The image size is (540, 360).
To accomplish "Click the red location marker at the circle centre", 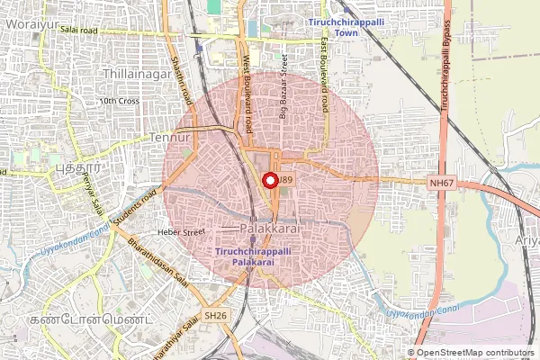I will pos(269,180).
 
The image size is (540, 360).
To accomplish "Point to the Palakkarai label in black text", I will pos(275,231).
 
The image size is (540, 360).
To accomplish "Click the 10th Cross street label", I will pos(119,101).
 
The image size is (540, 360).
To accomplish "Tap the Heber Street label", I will pos(182,231).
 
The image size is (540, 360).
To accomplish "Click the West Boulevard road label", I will pos(246,84).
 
